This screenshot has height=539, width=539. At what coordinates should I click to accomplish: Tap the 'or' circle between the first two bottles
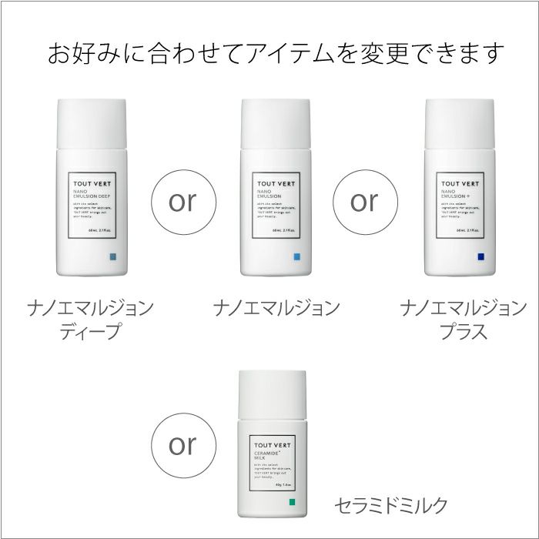[182, 202]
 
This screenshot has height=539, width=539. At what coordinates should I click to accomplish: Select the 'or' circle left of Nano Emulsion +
[364, 202]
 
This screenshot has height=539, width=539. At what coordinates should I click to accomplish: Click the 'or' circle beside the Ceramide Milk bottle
[182, 445]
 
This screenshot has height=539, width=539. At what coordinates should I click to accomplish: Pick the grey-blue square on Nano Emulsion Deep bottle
[112, 256]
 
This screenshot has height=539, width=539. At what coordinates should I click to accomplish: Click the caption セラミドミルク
[390, 506]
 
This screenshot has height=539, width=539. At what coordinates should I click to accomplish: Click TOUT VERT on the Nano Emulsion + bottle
[460, 183]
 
